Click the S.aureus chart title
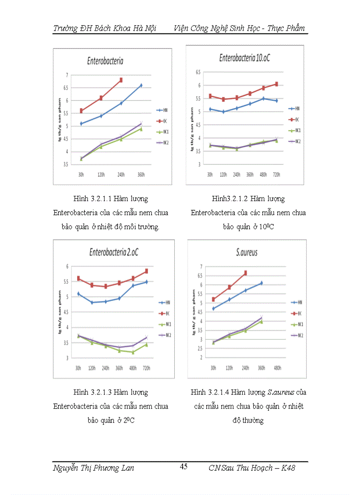coord(247,253)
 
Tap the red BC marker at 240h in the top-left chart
coord(120,80)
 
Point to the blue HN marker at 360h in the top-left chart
coord(141,86)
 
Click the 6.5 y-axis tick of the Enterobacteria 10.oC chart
coord(198,72)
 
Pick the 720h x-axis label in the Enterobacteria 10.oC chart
coord(276,174)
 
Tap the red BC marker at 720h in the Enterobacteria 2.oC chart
coord(146,271)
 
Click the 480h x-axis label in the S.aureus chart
coord(277,368)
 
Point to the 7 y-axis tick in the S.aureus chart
coord(201,267)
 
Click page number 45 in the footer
coord(184,467)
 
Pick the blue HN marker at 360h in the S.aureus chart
coord(261,283)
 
